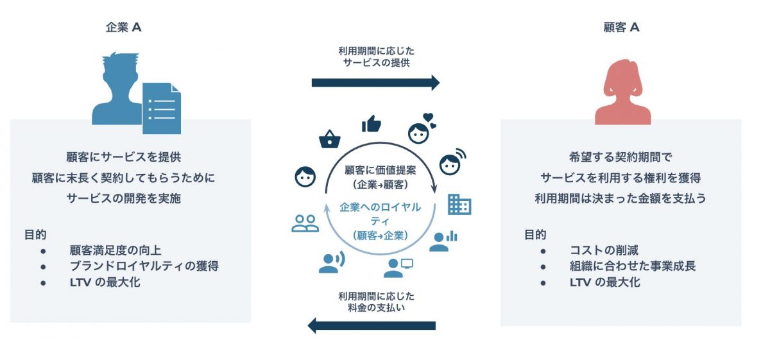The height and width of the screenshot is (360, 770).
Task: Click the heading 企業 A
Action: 123,28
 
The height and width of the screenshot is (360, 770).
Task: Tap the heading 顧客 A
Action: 621,28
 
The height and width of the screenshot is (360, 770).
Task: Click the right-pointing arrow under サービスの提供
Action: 375,82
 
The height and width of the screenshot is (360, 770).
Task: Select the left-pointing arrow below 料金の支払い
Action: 372,325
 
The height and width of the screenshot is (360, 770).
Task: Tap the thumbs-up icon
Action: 371,123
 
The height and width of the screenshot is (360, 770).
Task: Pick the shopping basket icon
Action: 329,138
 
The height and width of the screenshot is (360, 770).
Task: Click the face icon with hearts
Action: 420,130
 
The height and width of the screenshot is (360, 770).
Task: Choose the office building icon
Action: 459,203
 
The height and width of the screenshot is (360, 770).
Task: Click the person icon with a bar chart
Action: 442,241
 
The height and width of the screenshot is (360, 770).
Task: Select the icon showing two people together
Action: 305,223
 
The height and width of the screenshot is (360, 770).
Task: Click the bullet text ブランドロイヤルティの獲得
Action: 144,266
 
